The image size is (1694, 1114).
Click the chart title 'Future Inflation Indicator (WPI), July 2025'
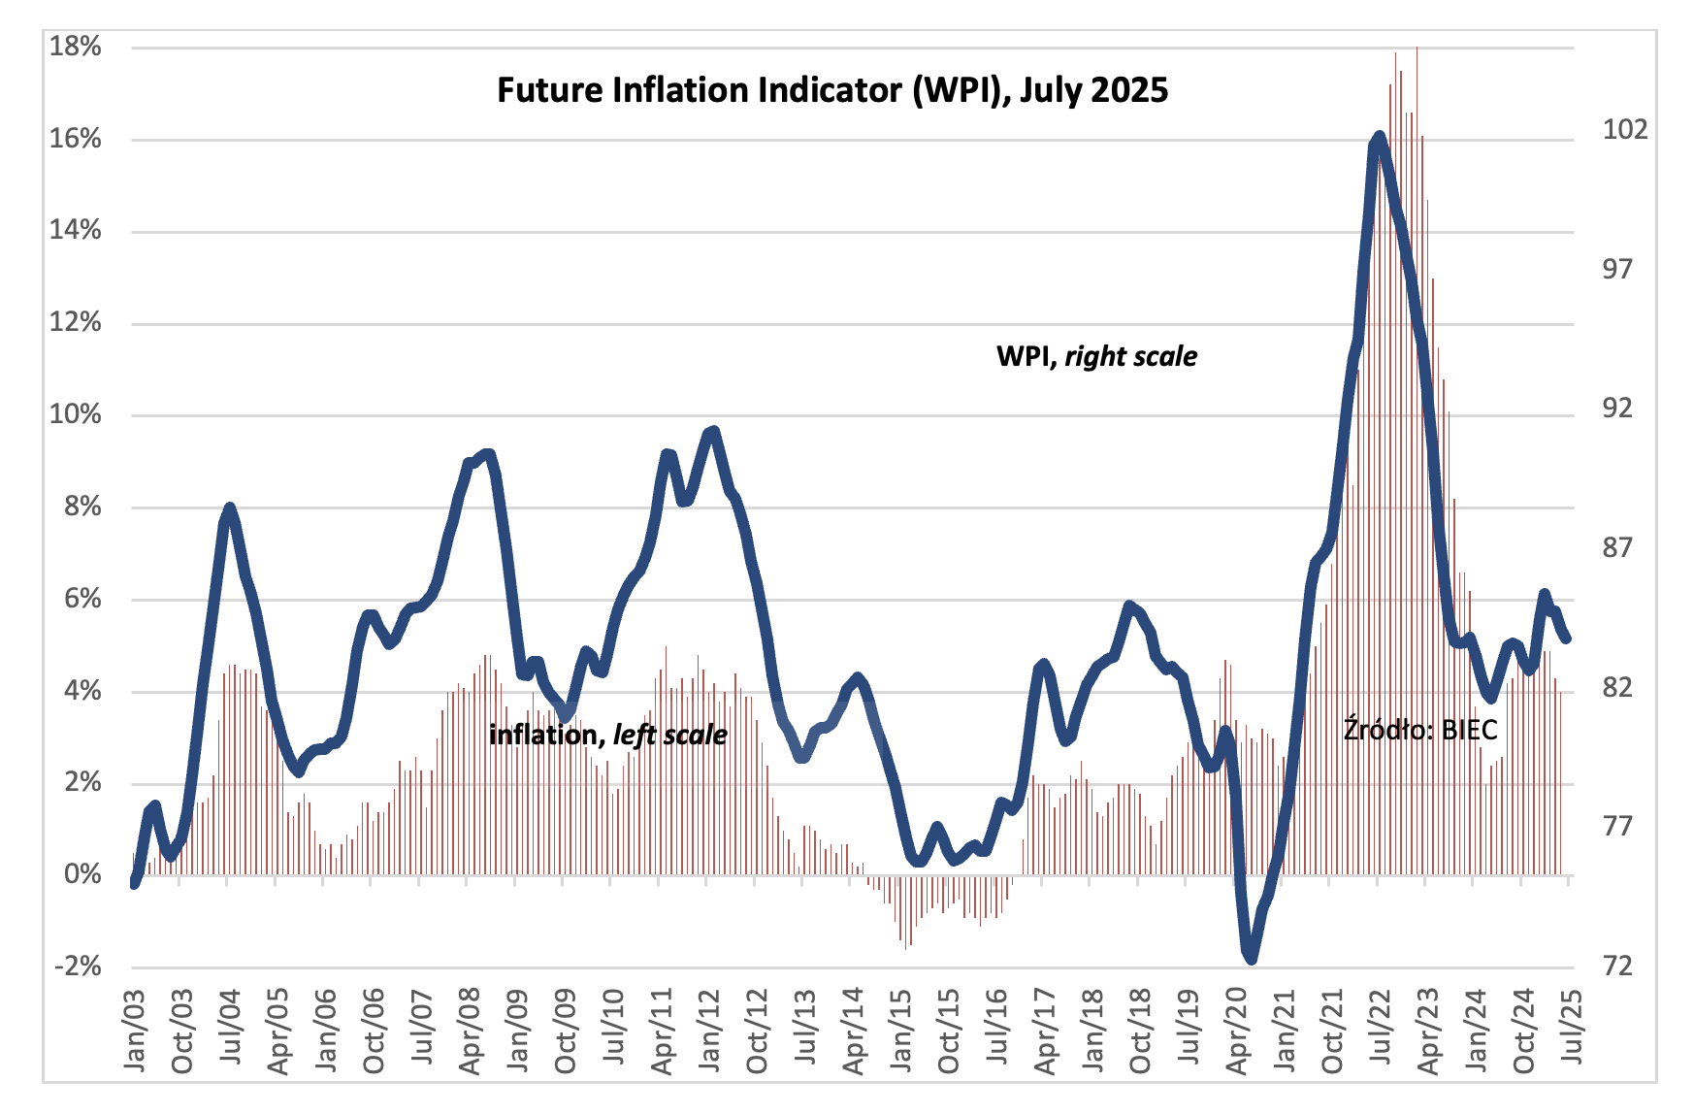coord(832,90)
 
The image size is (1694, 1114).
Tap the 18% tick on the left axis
coord(76,47)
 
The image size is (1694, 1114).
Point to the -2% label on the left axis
coord(78,967)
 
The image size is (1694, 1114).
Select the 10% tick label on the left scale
coord(76,414)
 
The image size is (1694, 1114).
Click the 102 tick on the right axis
coord(1624,129)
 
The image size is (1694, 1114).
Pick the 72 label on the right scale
coord(1617,967)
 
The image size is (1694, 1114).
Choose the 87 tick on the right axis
coord(1617,548)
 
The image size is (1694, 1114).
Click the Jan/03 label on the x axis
coord(135,1031)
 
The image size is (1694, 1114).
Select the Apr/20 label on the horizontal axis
coord(1237,1031)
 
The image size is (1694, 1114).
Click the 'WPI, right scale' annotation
coord(1096,356)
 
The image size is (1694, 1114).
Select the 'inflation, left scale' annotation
coord(607,735)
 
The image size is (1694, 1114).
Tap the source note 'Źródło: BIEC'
coord(1419,729)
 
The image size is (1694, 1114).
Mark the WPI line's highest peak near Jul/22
coord(1379,137)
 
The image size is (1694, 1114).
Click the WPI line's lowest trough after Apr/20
coord(1251,959)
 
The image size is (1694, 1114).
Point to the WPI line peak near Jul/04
coord(230,508)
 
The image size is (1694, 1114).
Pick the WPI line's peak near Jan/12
coord(714,430)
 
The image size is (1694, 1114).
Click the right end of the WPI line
coord(1567,638)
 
